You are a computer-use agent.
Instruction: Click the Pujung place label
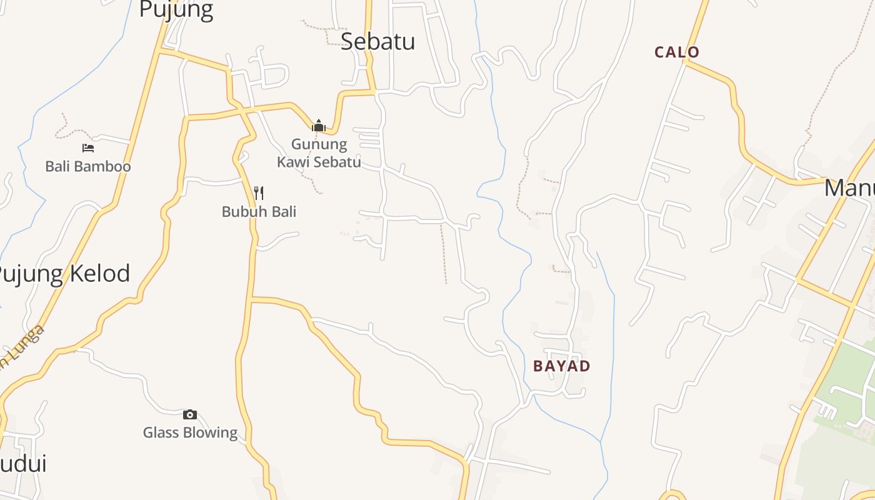coord(176,10)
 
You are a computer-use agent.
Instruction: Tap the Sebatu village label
coord(378,41)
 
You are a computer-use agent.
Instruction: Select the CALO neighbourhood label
coord(677,52)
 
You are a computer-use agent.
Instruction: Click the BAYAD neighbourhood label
coord(561,366)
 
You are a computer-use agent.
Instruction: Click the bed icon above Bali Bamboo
coord(88,148)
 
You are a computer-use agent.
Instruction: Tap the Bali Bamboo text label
coord(88,167)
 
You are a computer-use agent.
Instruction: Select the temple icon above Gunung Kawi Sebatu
coord(319,126)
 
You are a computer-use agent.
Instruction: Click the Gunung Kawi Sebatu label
coord(319,153)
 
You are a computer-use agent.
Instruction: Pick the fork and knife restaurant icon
coord(259,192)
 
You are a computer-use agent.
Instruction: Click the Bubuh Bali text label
coord(259,212)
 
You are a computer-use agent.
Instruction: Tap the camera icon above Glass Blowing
coord(190,414)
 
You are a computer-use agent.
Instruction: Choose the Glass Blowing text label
coord(190,432)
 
